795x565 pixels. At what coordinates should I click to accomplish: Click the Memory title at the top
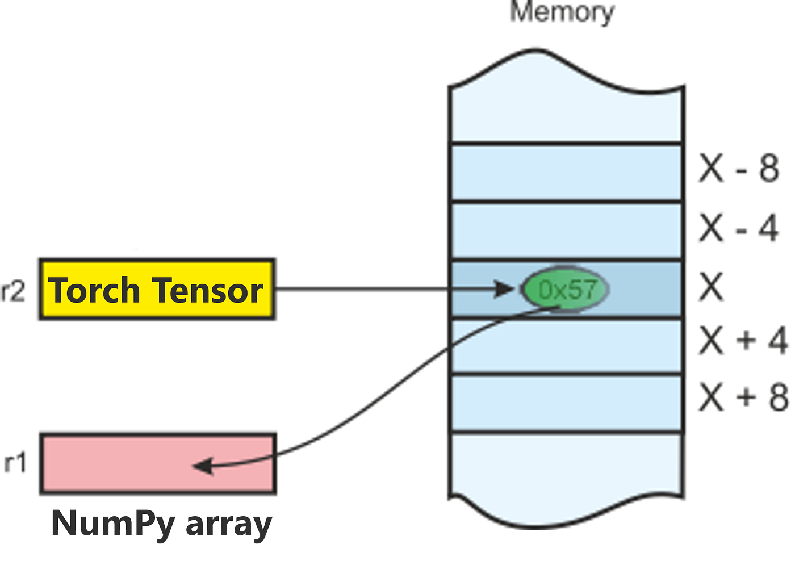pos(562,12)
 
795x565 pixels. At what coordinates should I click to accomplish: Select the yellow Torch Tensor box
pos(157,290)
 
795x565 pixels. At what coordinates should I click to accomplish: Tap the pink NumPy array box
pos(157,464)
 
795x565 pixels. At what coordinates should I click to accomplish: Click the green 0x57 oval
pos(566,289)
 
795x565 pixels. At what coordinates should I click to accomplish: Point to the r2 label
pos(13,291)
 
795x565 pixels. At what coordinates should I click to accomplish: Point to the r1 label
pos(15,463)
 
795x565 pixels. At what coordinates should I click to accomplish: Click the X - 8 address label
pos(738,168)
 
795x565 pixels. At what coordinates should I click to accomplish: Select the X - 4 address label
pos(738,228)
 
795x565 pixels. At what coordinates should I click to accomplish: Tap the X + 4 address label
pos(743,341)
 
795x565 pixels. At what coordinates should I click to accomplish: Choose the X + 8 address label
pos(743,397)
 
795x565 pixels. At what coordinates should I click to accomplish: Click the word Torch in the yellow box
pos(95,290)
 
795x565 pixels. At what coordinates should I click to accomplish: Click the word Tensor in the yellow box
pos(208,290)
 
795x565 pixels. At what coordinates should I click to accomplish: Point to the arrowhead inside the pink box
pos(203,466)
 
